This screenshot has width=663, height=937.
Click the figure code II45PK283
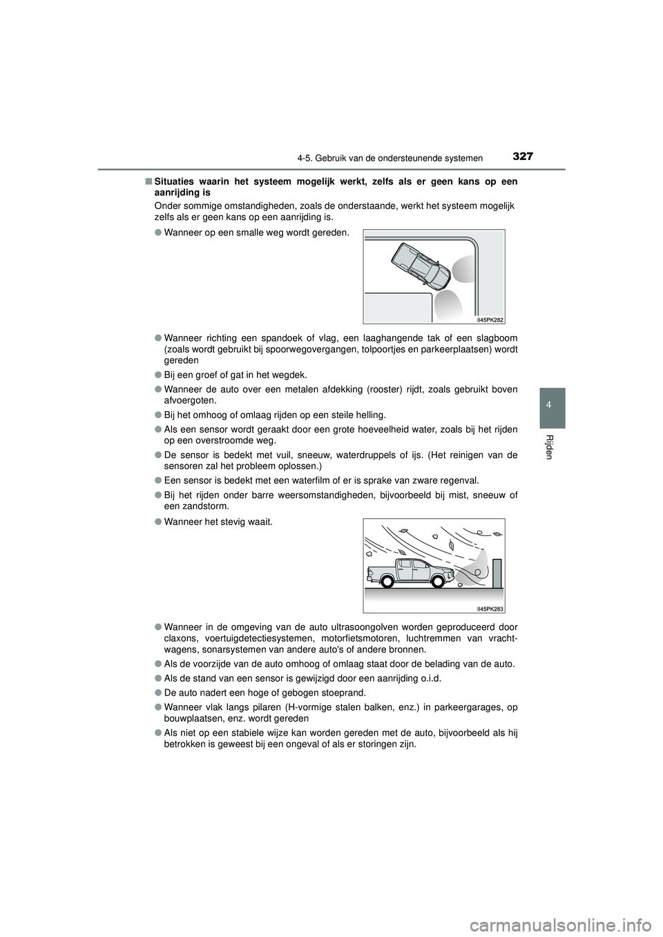click(490, 609)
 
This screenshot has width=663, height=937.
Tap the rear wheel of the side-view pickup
click(387, 581)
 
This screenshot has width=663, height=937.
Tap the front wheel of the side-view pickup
click(437, 581)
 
